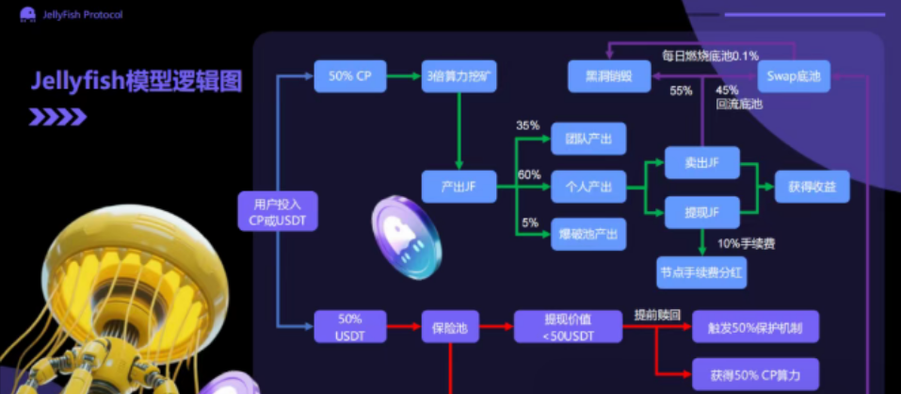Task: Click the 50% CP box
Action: (349, 76)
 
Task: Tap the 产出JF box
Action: (457, 187)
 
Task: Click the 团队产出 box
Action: (588, 139)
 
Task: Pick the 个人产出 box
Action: (588, 187)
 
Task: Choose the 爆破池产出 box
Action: (588, 233)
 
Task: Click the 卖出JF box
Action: (701, 163)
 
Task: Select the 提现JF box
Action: (701, 210)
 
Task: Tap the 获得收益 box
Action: (812, 187)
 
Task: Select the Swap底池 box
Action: (794, 76)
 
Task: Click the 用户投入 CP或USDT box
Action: (278, 212)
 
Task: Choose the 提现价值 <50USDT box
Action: (567, 328)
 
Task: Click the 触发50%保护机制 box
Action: (755, 328)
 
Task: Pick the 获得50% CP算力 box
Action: (755, 373)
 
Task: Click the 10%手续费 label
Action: (747, 244)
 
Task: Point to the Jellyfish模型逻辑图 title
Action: (136, 81)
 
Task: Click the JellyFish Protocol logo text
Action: (82, 15)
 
